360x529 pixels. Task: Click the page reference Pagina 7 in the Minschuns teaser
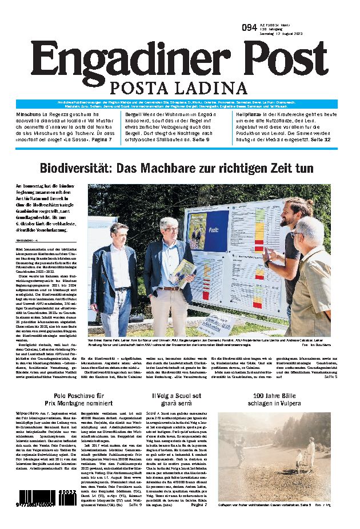pos(103,139)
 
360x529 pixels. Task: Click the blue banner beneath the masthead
pos(179,104)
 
